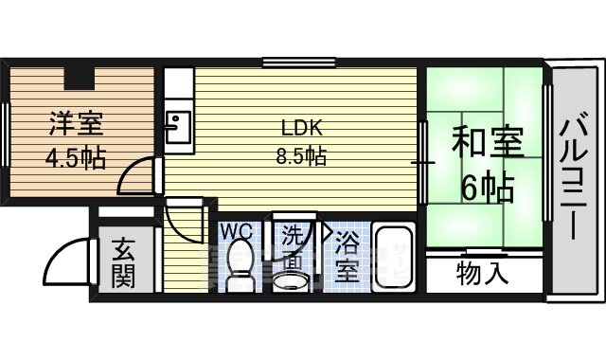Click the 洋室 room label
[x=71, y=124]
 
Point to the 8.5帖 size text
[x=301, y=157]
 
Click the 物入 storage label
[x=483, y=275]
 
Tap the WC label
[x=236, y=230]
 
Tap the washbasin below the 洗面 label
[x=289, y=278]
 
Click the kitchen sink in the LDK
[x=176, y=126]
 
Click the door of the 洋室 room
[x=140, y=177]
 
